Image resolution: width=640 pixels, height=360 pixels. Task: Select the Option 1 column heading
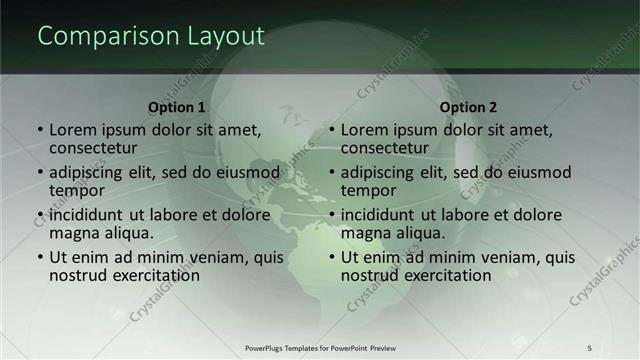coord(177,107)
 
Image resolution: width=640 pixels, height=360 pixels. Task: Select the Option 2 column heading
coord(468,107)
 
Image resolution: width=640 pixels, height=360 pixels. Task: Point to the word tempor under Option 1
coord(76,191)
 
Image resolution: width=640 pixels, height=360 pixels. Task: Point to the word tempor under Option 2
coord(368,191)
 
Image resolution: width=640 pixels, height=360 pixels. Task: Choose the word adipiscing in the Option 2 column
coord(384,172)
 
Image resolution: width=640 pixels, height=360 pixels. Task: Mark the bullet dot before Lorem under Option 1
coord(40,131)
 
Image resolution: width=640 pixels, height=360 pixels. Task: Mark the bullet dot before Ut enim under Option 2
coord(332,257)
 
